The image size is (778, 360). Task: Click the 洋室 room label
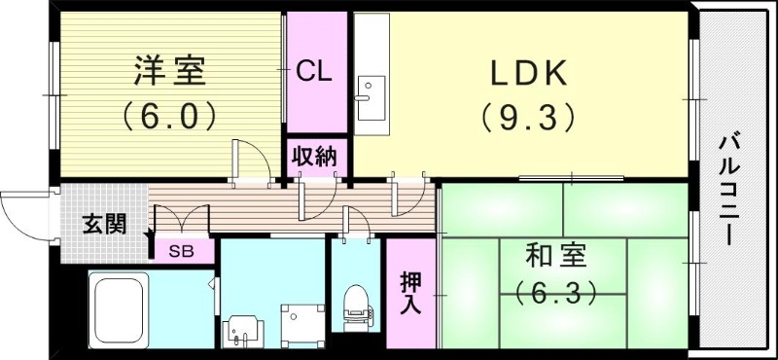click(170, 72)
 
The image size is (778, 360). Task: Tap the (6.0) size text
click(168, 118)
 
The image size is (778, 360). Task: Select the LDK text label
click(531, 72)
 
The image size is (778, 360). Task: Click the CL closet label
click(314, 70)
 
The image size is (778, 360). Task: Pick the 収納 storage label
click(314, 156)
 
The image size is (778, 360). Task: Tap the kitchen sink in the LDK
click(370, 97)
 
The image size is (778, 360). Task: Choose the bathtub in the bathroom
click(119, 307)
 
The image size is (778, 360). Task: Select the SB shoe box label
click(182, 250)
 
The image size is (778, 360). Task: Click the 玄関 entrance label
click(102, 224)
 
